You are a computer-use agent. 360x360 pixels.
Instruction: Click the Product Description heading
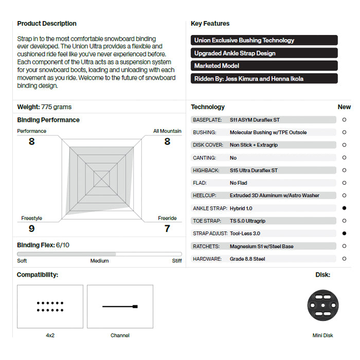47,24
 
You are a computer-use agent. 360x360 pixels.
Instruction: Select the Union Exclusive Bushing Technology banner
264,40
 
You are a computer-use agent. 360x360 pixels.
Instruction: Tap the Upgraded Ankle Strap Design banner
264,53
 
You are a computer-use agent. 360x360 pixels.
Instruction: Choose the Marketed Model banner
264,66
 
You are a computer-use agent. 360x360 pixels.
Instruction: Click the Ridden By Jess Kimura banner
264,79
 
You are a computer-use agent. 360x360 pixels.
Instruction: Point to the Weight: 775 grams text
45,107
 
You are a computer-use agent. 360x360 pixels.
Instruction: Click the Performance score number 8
31,141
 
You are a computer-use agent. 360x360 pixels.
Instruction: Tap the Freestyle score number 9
31,228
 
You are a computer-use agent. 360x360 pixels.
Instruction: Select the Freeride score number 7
167,228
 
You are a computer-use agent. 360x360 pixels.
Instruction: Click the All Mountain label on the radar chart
167,131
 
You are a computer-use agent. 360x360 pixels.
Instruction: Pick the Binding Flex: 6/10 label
43,245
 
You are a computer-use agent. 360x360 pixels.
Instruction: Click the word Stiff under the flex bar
176,261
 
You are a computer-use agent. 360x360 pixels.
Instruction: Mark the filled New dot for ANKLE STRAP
344,208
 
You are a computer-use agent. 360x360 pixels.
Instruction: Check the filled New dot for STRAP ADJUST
344,233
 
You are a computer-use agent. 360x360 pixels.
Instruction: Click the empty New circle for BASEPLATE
344,120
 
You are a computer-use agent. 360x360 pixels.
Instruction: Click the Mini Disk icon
323,307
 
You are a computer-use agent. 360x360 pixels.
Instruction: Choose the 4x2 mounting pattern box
50,307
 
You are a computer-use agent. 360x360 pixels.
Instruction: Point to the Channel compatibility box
120,307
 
